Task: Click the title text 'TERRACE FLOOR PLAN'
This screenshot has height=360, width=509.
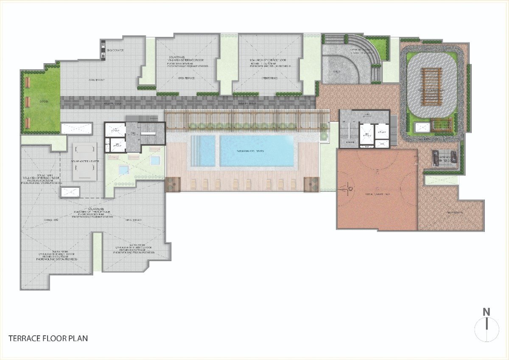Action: (48, 338)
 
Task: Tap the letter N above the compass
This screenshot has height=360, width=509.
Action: (487, 312)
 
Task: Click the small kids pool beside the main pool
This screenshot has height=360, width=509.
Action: (204, 150)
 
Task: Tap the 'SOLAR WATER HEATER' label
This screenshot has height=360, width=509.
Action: (83, 161)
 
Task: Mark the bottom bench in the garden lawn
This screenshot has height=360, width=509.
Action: (28, 123)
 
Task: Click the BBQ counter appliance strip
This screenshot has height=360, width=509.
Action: (103, 49)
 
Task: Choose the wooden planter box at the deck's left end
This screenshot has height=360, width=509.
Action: (173, 184)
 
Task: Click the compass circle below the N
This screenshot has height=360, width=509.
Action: (487, 329)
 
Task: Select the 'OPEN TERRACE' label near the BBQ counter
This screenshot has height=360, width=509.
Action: (97, 80)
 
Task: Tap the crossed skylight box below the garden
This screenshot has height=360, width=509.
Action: (76, 129)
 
